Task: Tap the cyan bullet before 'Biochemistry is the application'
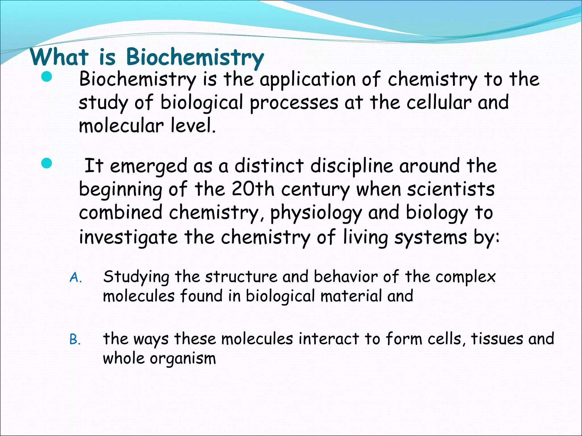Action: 46,77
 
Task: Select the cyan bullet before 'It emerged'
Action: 46,163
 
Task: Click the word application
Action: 307,79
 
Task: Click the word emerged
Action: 148,166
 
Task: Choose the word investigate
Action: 128,237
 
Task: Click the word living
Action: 365,237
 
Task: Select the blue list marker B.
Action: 75,339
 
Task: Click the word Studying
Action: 136,277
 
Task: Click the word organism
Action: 183,359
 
